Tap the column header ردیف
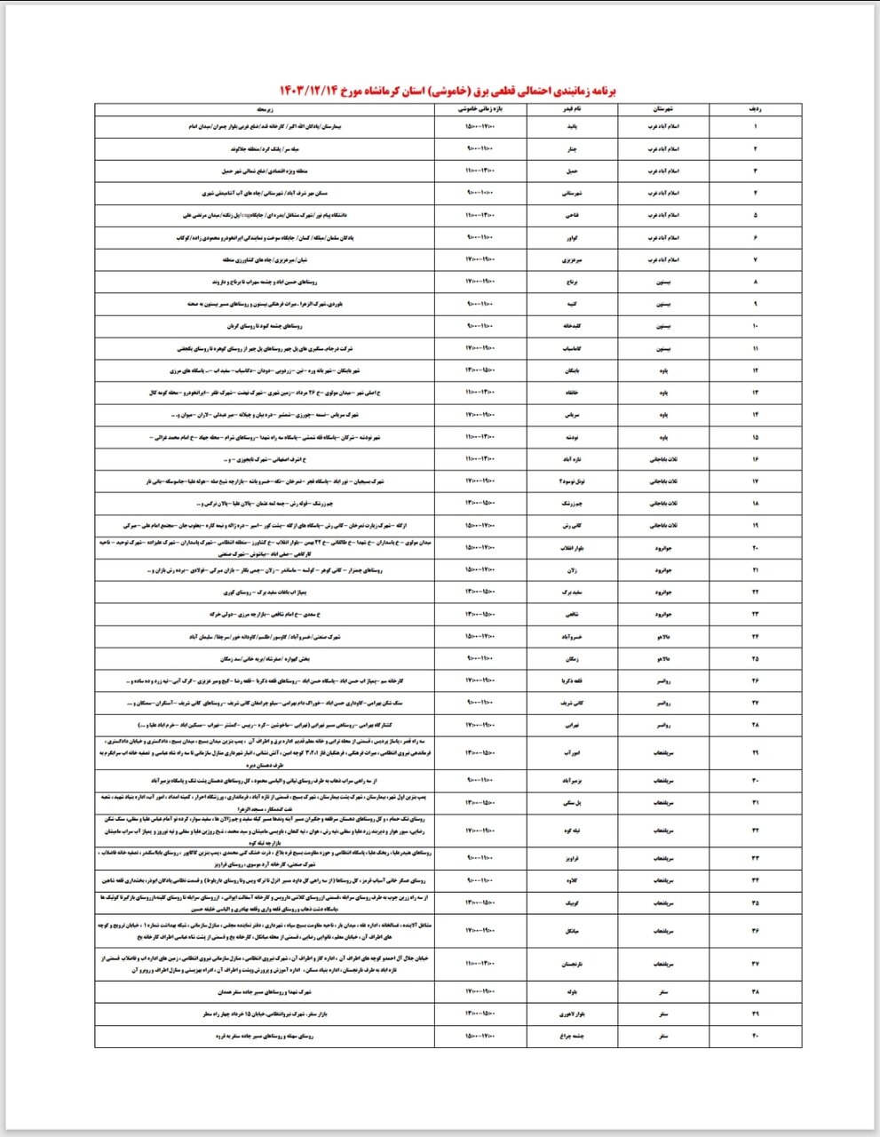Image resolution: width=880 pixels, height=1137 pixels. click(756, 107)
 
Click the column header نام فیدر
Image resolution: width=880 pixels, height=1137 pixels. click(573, 107)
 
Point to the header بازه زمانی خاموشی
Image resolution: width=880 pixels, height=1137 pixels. click(480, 107)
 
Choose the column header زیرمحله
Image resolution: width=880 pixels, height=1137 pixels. click(265, 107)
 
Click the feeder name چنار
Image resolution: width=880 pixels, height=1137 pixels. click(573, 147)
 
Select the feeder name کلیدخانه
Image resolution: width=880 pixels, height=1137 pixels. click(573, 326)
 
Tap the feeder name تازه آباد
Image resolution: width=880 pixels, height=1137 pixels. click(573, 459)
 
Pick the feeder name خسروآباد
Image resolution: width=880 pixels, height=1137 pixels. click(573, 636)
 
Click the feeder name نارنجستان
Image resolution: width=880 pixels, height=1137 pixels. click(573, 963)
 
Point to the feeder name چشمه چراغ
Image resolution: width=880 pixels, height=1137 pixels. click(573, 1036)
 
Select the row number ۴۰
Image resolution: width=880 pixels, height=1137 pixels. click(756, 1036)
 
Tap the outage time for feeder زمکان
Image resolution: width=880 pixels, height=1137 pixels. click(480, 658)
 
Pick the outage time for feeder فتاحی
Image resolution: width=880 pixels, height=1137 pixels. click(480, 215)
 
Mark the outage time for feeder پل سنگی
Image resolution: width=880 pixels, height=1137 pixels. click(480, 802)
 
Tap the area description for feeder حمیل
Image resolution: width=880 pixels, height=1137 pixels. click(265, 170)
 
